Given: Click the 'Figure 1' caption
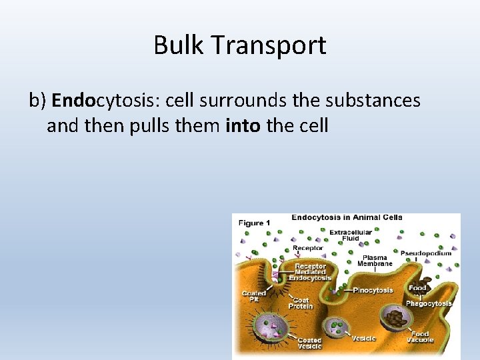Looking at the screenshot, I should tap(255, 223).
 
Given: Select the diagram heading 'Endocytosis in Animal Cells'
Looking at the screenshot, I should tap(347, 217).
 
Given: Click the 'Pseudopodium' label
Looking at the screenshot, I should tap(425, 253).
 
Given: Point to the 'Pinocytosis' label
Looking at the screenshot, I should tap(372, 290).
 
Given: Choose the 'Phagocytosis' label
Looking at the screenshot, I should tap(429, 303).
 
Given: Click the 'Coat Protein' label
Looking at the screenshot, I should tap(301, 303).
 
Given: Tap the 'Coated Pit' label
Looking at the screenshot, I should tap(253, 296).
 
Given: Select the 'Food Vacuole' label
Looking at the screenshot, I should tap(420, 337).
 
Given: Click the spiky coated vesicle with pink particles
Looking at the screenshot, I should tap(275, 327).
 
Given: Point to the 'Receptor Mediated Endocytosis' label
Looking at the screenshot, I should tap(311, 272).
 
